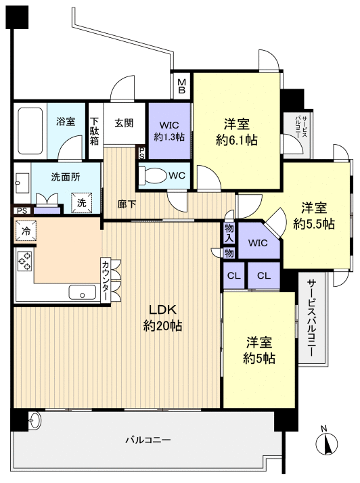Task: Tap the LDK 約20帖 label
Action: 163,317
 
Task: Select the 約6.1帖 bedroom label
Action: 237,132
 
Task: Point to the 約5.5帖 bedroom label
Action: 314,215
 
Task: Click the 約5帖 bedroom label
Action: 259,350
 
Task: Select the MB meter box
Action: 182,86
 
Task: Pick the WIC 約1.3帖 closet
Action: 168,131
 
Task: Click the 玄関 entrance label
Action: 124,123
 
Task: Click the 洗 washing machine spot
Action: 81,202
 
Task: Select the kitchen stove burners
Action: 24,260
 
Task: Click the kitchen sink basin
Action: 83,292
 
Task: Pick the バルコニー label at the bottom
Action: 148,440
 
